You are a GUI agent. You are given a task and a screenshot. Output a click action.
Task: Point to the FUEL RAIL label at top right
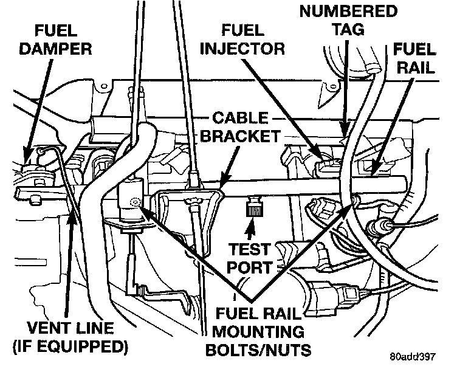click(x=415, y=57)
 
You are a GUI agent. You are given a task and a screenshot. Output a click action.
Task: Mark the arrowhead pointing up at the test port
click(x=250, y=230)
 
